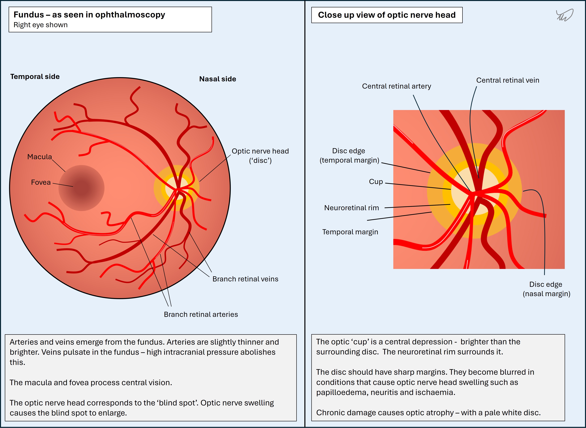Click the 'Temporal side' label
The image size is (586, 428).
pyautogui.click(x=35, y=77)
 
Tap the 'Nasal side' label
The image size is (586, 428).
pyautogui.click(x=218, y=79)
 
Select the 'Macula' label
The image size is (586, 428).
pyautogui.click(x=40, y=157)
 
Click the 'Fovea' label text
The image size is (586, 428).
pyautogui.click(x=41, y=182)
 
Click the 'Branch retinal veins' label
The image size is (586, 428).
pyautogui.click(x=245, y=279)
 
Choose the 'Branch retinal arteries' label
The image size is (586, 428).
pyautogui.click(x=201, y=315)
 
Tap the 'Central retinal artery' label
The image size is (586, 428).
pyautogui.click(x=397, y=86)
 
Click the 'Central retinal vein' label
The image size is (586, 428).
pyautogui.click(x=508, y=80)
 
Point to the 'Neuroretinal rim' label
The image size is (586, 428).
pyautogui.click(x=352, y=208)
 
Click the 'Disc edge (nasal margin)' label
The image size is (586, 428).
pyautogui.click(x=546, y=289)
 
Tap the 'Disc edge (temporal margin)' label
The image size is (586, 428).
pyautogui.click(x=349, y=155)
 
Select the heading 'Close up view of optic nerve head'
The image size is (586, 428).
pyautogui.click(x=387, y=15)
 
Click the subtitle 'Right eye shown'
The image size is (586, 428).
pyautogui.click(x=41, y=25)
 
